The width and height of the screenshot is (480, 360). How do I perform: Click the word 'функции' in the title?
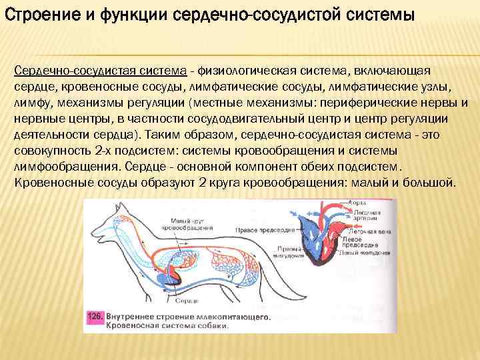tap(118, 14)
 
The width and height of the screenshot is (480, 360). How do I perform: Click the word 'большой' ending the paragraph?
tap(428, 182)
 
